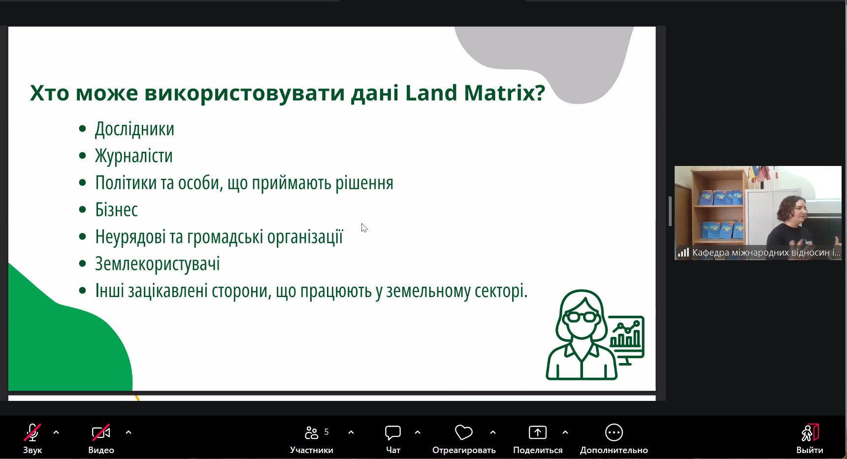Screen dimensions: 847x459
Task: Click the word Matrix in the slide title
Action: pos(504,93)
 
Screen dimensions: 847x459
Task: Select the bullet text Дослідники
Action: pos(134,129)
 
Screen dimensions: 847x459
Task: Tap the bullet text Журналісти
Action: pos(133,156)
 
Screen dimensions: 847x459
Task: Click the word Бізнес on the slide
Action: pos(116,210)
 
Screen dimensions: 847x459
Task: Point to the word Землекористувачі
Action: pos(157,264)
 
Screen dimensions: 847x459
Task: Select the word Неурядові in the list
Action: pos(130,237)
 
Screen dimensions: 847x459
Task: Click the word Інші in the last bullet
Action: pos(109,291)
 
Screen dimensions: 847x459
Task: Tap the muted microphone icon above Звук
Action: pos(33,432)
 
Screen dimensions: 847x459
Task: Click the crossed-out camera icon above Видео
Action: pos(101,432)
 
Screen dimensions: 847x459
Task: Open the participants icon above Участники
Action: pos(311,432)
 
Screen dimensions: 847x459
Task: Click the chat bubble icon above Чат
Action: pos(393,432)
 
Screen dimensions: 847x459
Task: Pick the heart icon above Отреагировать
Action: pos(463,432)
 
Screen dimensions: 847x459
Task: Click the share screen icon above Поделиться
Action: pos(538,432)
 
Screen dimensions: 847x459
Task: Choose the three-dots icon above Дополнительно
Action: pos(614,432)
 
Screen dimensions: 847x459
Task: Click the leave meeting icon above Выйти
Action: pos(810,432)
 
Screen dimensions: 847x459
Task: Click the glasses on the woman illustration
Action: pos(582,317)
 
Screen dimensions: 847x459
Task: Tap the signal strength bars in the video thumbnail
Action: pos(684,253)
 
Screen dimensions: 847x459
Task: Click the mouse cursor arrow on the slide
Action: pos(364,228)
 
